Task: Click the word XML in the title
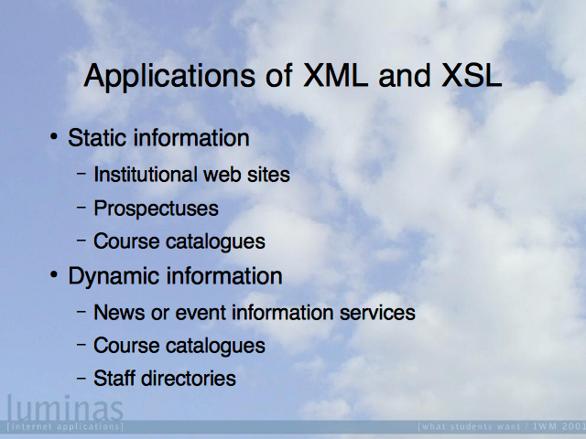[335, 75]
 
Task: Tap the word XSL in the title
[472, 75]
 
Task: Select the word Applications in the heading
[169, 77]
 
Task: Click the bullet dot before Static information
[54, 136]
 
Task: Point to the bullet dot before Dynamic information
[54, 274]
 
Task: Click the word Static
[97, 137]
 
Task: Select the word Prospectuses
[156, 209]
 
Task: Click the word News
[119, 313]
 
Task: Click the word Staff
[115, 378]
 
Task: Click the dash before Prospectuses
[81, 207]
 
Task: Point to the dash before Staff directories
[81, 377]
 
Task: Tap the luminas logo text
[65, 408]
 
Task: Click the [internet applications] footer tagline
[65, 426]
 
